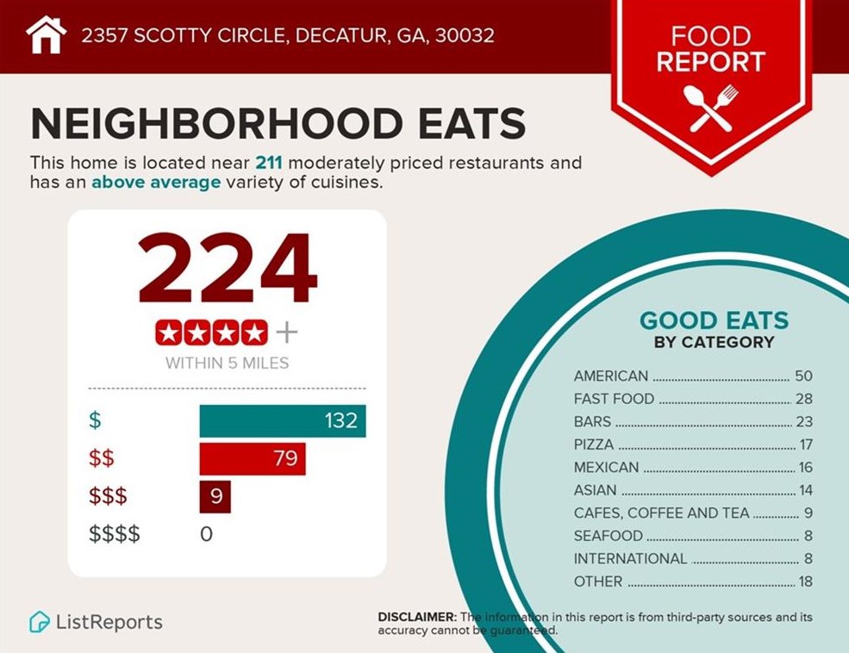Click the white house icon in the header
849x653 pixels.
click(46, 35)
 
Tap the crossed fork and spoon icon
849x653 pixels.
click(710, 108)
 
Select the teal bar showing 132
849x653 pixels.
click(283, 421)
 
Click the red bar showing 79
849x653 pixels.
click(253, 458)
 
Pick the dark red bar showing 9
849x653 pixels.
click(215, 496)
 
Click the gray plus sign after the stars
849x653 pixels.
click(287, 332)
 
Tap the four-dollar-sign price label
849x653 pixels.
click(115, 534)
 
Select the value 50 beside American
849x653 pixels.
click(803, 376)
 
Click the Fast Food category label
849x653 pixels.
click(614, 399)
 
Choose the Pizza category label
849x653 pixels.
click(594, 445)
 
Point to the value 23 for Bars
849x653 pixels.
click(803, 422)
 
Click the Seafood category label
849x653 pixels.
click(609, 536)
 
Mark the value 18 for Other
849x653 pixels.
click(805, 581)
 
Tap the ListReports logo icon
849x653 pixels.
click(39, 622)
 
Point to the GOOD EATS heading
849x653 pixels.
click(714, 321)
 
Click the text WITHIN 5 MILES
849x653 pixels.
click(227, 363)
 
